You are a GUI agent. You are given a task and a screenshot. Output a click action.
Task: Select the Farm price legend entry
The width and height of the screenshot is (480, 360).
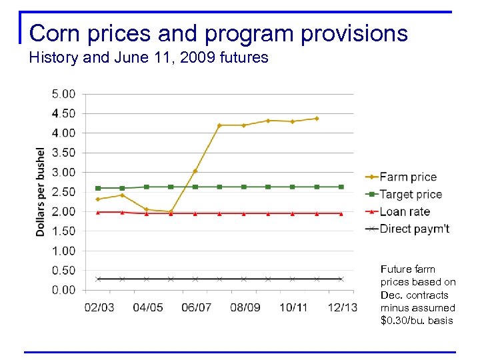coord(407,177)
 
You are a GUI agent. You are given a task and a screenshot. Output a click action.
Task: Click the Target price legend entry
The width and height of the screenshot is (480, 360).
coord(410,194)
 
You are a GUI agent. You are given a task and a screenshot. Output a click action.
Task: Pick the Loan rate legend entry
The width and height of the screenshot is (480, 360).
coord(404,211)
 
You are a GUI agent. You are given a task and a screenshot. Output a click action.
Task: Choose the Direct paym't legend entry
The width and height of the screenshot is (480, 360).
coord(414,229)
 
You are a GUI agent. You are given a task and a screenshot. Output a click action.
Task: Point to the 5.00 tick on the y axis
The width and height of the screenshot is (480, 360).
coord(63,94)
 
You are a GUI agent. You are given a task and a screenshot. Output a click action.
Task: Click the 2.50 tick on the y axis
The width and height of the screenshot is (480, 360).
coord(63,192)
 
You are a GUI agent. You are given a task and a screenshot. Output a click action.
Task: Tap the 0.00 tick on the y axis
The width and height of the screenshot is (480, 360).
coord(63,290)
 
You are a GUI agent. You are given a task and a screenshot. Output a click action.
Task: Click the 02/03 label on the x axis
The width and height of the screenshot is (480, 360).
coord(99,307)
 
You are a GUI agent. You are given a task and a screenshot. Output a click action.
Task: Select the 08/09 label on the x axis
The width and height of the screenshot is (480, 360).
coord(245,307)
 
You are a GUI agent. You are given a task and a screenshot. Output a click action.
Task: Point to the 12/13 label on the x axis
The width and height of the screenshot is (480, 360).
coord(342,307)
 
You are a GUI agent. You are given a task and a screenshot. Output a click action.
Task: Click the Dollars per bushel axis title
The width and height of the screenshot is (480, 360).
coord(41,192)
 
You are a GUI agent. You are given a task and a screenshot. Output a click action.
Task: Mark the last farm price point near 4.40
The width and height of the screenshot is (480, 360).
coord(317,119)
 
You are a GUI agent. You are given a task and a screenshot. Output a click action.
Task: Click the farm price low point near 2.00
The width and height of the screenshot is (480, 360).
coord(171,211)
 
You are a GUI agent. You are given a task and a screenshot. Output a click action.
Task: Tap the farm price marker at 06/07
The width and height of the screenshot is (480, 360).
coord(195,171)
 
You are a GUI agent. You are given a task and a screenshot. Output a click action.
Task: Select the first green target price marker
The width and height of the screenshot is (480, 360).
coord(98,188)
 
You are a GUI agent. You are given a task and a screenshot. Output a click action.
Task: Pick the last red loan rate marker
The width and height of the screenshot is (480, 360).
coord(341,213)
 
